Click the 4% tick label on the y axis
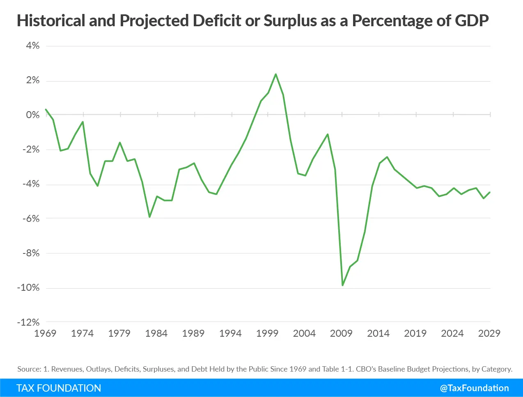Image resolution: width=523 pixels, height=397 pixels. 33,46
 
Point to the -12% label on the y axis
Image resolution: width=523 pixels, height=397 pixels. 29,322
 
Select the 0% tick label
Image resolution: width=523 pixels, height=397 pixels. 33,115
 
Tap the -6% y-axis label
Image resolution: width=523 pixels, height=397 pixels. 31,219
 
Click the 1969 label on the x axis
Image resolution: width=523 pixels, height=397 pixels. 45,333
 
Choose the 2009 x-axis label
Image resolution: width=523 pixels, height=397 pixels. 341,333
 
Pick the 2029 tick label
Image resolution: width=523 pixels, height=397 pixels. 489,333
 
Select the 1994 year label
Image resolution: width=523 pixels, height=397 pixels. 230,333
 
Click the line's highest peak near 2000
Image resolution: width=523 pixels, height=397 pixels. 275,74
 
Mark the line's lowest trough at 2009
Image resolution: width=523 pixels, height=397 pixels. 342,285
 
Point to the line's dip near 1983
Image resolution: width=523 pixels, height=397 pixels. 149,217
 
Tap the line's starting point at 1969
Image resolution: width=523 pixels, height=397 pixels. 46,110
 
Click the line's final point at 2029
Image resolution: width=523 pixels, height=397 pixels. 490,192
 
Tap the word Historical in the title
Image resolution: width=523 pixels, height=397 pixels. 51,21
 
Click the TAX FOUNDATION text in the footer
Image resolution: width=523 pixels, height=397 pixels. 59,388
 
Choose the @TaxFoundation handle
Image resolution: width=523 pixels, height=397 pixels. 474,388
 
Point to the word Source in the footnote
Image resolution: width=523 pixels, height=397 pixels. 29,369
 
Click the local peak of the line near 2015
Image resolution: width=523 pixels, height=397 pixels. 387,157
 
